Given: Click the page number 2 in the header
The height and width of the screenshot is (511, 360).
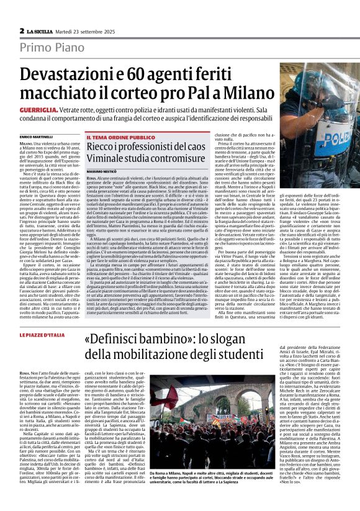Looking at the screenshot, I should point(22,30).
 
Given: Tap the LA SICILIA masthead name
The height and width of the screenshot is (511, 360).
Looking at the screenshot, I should point(39,31).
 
